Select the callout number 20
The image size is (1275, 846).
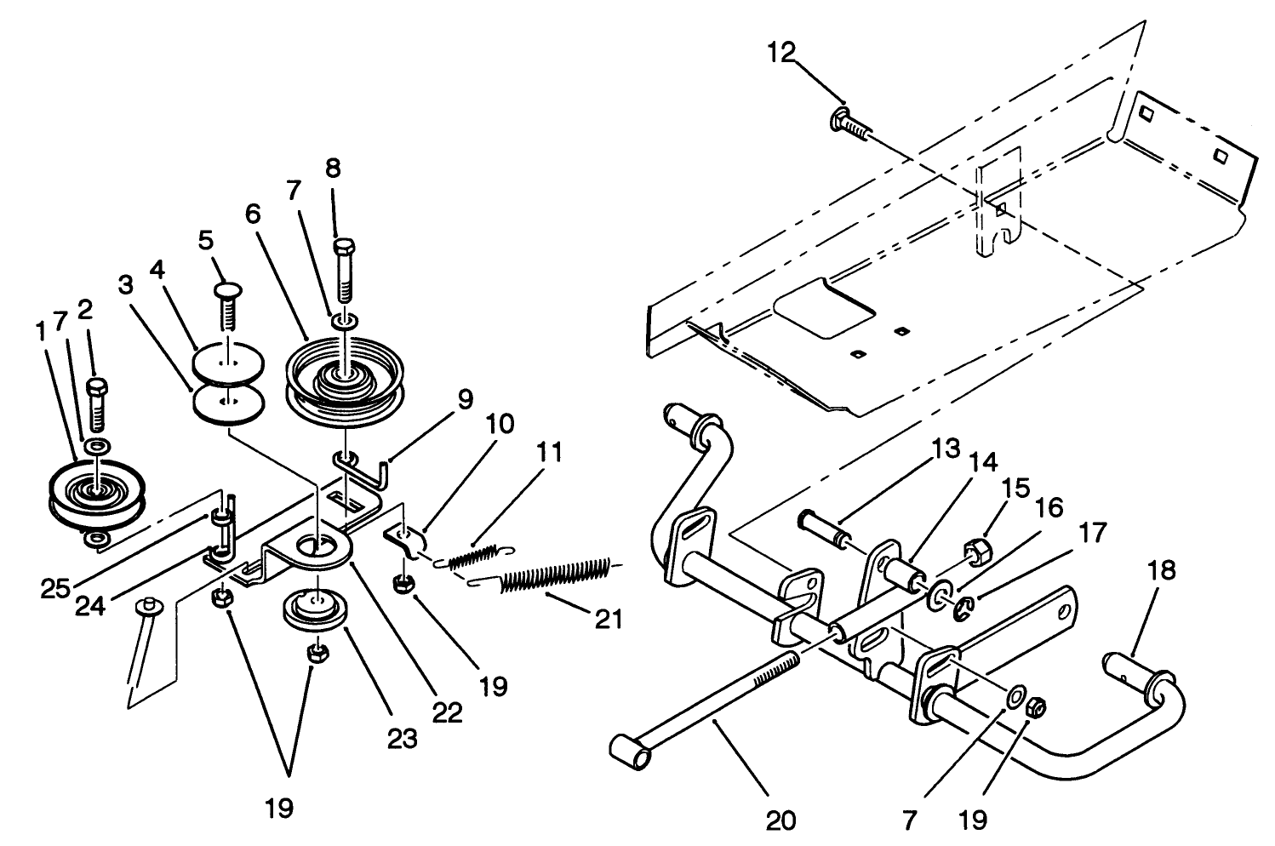click(781, 820)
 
